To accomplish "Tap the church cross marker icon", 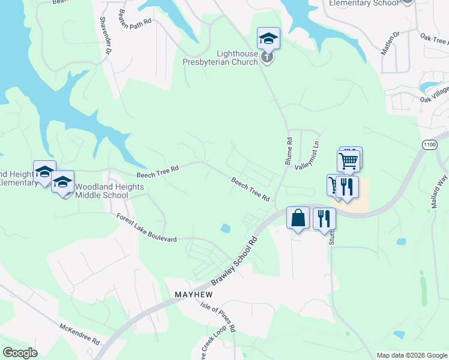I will click(268, 58).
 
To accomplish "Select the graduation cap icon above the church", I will click(268, 40).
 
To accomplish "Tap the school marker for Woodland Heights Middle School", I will click(63, 183).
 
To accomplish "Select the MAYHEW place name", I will click(194, 295).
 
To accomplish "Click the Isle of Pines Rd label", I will click(218, 317).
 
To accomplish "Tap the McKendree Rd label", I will click(79, 334).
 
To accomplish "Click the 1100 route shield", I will click(429, 145).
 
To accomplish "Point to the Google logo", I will click(20, 353).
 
